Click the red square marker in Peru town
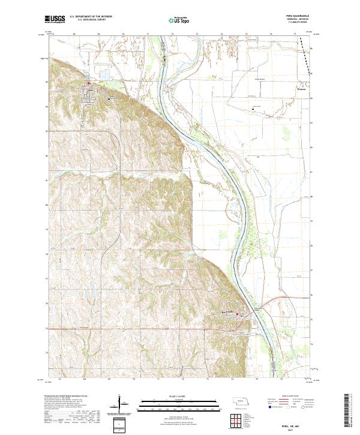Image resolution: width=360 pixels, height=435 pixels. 89,83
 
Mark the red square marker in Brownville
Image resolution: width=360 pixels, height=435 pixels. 237,313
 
